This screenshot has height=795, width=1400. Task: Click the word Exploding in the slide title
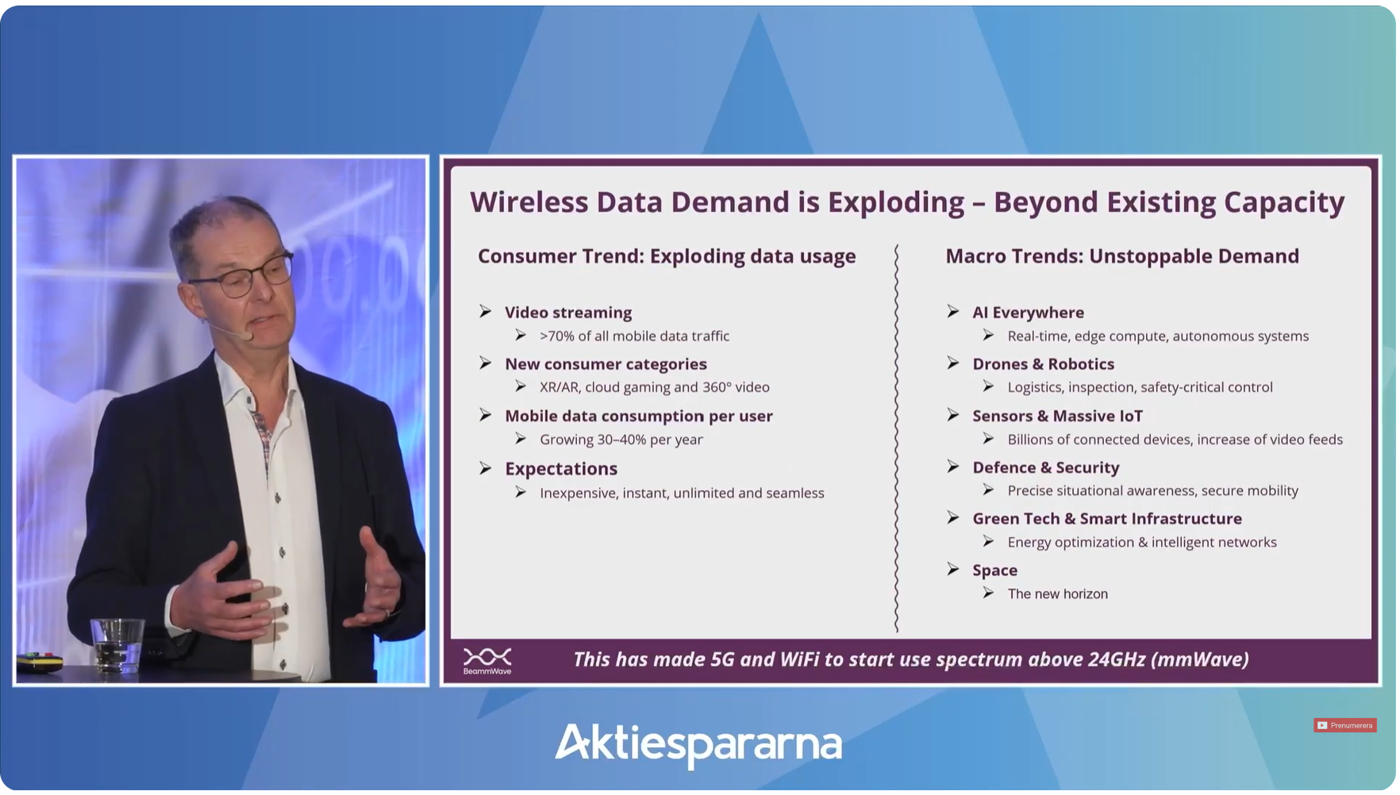pyautogui.click(x=896, y=203)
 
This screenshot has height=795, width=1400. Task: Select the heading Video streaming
pyautogui.click(x=568, y=313)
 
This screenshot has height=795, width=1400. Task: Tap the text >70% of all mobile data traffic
pyautogui.click(x=634, y=336)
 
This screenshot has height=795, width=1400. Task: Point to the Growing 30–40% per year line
pyautogui.click(x=621, y=440)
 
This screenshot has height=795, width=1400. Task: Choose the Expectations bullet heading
pyautogui.click(x=561, y=469)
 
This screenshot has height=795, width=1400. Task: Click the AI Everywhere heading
pyautogui.click(x=1028, y=313)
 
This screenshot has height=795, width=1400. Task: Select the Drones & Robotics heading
pyautogui.click(x=1043, y=364)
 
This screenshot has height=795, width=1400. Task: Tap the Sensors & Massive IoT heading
pyautogui.click(x=1057, y=416)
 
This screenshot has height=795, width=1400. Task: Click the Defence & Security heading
pyautogui.click(x=1045, y=467)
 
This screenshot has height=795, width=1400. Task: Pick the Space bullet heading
pyautogui.click(x=994, y=570)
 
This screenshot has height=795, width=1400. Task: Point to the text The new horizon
pyautogui.click(x=1057, y=594)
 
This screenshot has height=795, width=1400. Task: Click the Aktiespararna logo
pyautogui.click(x=698, y=744)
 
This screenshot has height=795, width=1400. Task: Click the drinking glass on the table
pyautogui.click(x=117, y=645)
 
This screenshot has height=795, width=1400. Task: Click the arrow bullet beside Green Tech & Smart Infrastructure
pyautogui.click(x=953, y=518)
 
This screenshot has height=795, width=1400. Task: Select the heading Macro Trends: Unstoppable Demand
pyautogui.click(x=1122, y=256)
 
